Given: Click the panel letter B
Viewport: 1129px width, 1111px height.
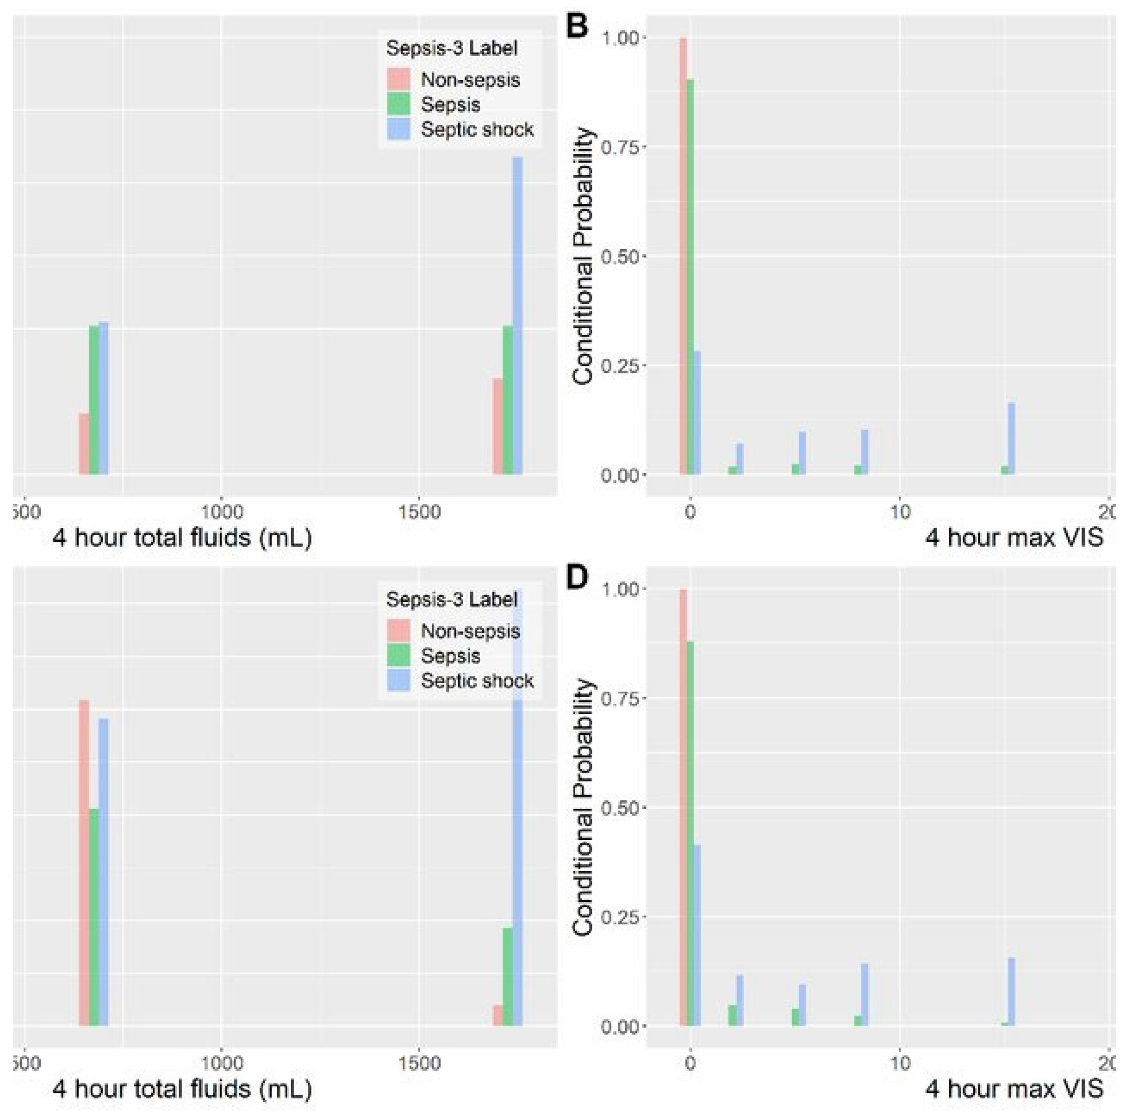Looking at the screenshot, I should tap(577, 28).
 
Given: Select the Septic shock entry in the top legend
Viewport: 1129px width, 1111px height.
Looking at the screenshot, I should tap(477, 130).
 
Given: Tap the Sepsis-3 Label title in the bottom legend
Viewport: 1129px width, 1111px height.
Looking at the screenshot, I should tap(452, 599).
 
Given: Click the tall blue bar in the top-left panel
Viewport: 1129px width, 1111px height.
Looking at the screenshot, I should tap(517, 315).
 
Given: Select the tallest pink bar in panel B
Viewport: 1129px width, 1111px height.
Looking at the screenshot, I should tap(683, 257).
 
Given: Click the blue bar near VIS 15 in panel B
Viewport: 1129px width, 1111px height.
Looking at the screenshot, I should tap(1011, 438).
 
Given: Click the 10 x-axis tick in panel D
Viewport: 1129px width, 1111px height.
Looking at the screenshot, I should tap(900, 1064).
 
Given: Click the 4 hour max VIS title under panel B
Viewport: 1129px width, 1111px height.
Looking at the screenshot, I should tap(1014, 537).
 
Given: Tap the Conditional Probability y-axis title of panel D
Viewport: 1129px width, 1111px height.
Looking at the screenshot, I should tap(583, 808).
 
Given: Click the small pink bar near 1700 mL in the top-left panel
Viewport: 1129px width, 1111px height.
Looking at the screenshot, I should tap(497, 426).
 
